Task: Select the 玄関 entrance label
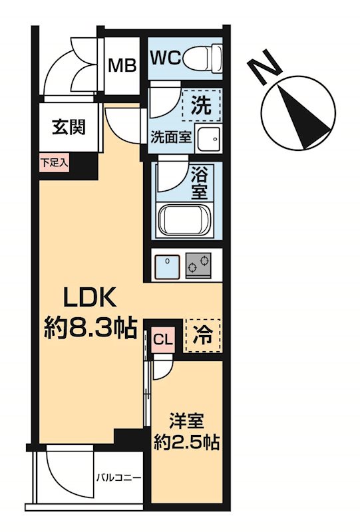tap(69, 126)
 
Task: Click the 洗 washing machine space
tap(201, 104)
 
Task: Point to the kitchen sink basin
tap(167, 267)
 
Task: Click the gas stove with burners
tap(198, 267)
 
